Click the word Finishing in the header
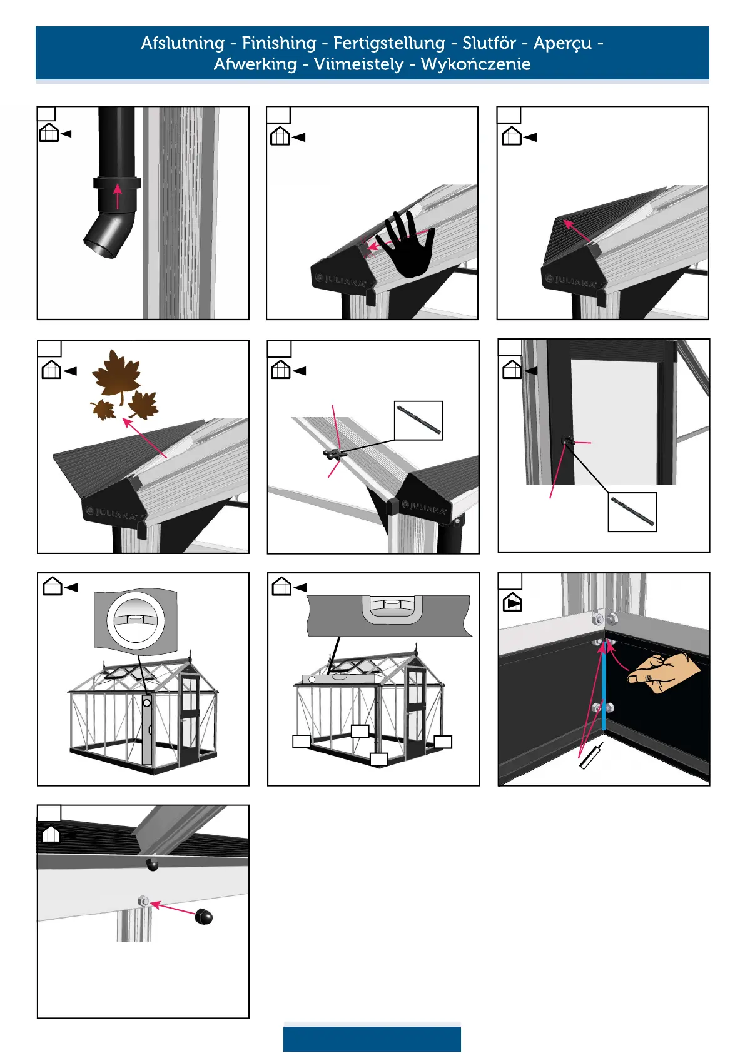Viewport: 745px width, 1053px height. (279, 43)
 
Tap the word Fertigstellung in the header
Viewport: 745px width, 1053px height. (390, 43)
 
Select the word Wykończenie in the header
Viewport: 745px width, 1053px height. (476, 64)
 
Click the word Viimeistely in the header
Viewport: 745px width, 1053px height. (359, 64)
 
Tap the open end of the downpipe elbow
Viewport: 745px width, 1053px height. (99, 247)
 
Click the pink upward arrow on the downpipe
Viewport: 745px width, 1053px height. (118, 196)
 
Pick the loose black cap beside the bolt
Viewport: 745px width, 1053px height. (204, 916)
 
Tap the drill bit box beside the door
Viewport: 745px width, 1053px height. (632, 512)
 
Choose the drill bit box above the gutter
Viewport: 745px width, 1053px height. (418, 420)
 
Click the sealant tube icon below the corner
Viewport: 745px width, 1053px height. (591, 756)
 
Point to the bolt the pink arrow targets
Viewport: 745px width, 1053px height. (143, 901)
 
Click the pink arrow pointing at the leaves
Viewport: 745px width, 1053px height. (144, 437)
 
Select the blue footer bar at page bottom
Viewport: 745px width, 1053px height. (372, 1039)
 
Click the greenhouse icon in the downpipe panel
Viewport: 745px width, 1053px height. (49, 133)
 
